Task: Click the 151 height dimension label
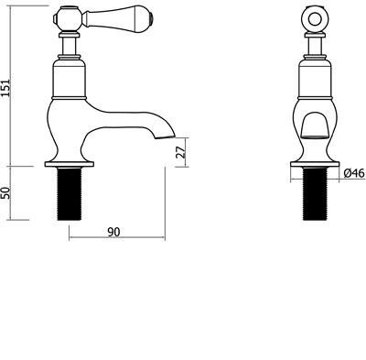6,88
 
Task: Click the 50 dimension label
6,193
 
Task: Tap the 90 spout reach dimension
113,233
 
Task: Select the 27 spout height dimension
181,152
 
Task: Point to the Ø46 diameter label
354,173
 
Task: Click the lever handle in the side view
119,20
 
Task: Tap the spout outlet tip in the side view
166,137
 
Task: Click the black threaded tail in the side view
70,193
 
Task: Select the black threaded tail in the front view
315,193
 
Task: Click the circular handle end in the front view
315,19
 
